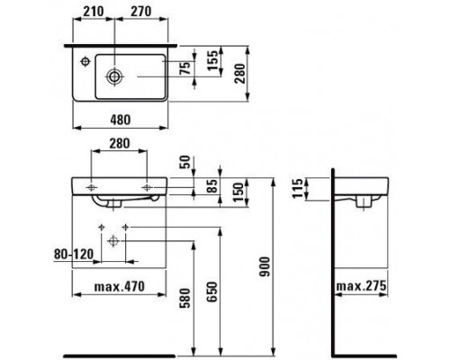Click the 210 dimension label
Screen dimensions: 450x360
(x=94, y=12)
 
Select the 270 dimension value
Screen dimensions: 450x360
(x=140, y=12)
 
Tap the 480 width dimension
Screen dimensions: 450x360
(x=121, y=120)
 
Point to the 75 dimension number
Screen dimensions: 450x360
(x=186, y=68)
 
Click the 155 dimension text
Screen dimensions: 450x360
(x=212, y=60)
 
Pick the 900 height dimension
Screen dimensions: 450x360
(x=265, y=266)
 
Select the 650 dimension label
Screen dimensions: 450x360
(x=212, y=292)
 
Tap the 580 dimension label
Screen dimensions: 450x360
(x=185, y=298)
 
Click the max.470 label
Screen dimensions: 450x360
(x=120, y=287)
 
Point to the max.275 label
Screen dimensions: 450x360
(x=361, y=286)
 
